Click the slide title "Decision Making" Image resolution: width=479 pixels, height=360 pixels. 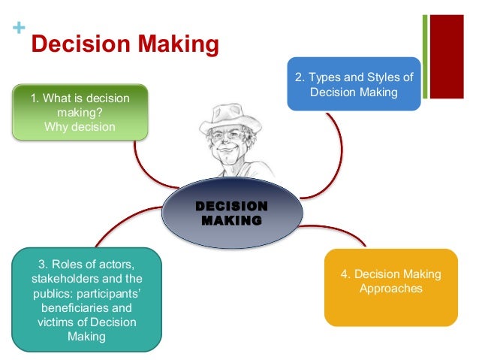click(124, 45)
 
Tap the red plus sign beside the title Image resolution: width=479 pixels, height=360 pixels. click(17, 29)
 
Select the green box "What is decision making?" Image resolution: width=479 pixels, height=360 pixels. click(80, 112)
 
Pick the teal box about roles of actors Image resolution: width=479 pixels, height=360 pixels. click(86, 300)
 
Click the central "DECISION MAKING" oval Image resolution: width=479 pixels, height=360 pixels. click(230, 213)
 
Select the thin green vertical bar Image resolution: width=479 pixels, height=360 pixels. click(424, 56)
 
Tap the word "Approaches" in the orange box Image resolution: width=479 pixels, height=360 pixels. click(391, 289)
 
